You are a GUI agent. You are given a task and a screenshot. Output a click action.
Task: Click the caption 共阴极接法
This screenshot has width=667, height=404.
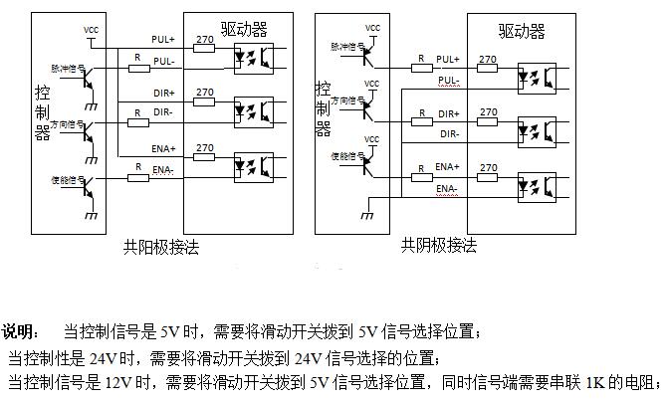[x=439, y=245]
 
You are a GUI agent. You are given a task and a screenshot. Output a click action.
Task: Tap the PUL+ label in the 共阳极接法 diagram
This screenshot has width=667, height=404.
[x=162, y=39]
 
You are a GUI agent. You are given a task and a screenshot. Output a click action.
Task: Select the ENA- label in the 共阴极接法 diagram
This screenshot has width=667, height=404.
[x=447, y=188]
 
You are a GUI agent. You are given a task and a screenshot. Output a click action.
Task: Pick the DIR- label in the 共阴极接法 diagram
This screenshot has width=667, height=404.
[x=448, y=133]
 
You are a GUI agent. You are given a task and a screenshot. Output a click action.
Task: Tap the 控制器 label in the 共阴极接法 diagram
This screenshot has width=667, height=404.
[x=322, y=107]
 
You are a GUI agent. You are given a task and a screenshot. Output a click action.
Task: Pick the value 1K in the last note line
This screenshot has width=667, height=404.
[x=595, y=383]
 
